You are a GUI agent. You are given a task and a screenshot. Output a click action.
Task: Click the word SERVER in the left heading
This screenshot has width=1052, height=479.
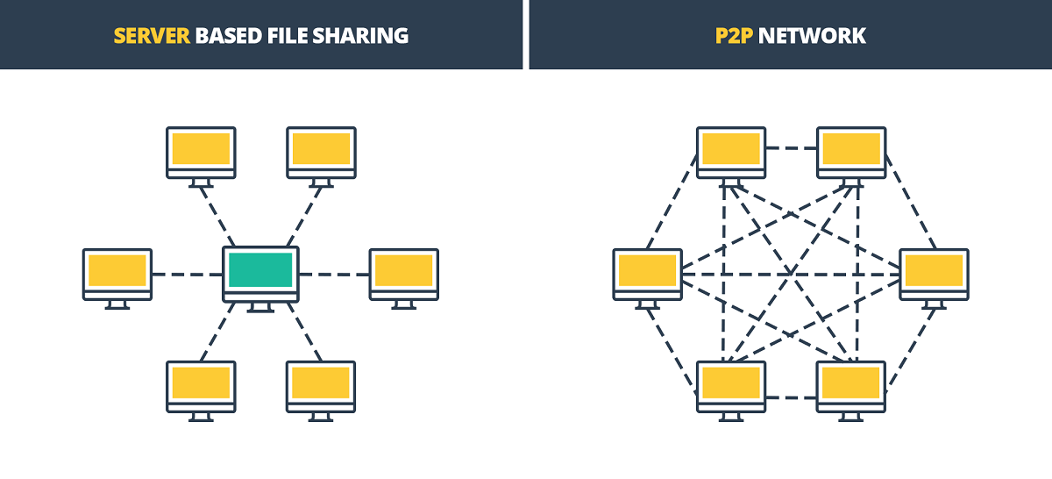(x=151, y=35)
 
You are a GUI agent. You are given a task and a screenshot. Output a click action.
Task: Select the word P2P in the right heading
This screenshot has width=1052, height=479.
(x=735, y=35)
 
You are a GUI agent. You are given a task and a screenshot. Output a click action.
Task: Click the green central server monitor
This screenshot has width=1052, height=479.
(x=260, y=271)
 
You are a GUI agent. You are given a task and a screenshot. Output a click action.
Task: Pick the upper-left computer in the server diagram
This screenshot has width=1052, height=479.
(x=201, y=151)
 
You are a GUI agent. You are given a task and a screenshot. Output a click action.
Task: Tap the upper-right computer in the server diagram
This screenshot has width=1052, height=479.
(x=321, y=151)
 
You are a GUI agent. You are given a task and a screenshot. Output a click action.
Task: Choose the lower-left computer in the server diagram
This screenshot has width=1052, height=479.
(x=201, y=384)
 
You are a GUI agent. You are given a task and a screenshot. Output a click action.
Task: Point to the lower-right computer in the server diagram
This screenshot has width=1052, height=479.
(x=321, y=384)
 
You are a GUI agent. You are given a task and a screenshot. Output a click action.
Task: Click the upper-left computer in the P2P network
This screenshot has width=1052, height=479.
(x=731, y=151)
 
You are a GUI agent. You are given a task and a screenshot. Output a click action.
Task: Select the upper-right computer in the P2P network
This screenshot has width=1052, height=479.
(x=851, y=151)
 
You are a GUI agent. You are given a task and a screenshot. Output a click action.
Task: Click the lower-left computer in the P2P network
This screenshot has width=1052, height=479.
(x=731, y=384)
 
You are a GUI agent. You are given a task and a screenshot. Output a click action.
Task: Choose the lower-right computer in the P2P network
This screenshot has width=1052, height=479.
(x=851, y=384)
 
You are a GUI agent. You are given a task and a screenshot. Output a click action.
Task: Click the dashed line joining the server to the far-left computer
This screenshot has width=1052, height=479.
(x=187, y=275)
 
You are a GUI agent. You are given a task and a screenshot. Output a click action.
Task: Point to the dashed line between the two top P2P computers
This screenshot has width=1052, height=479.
(x=792, y=147)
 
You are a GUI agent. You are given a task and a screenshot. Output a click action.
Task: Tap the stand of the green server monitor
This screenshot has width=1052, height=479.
(x=260, y=308)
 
